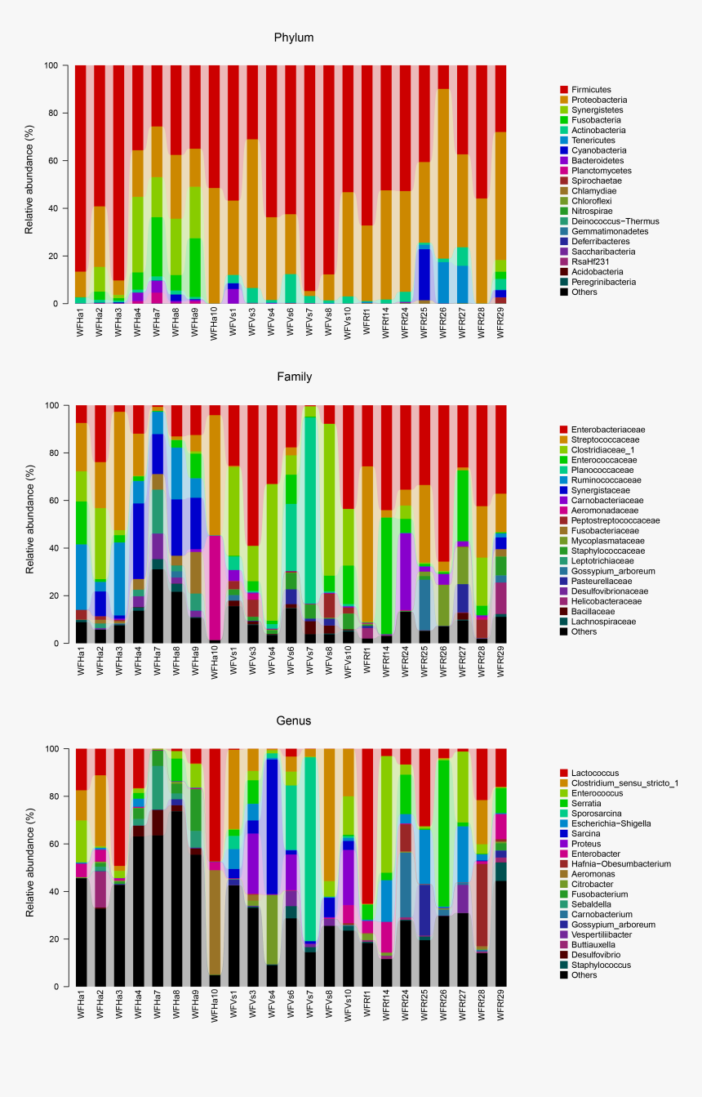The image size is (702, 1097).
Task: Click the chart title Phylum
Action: point(294,38)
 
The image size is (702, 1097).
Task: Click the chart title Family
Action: point(294,377)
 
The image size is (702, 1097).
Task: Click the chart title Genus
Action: point(294,720)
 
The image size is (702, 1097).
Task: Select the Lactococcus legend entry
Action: point(596,773)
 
